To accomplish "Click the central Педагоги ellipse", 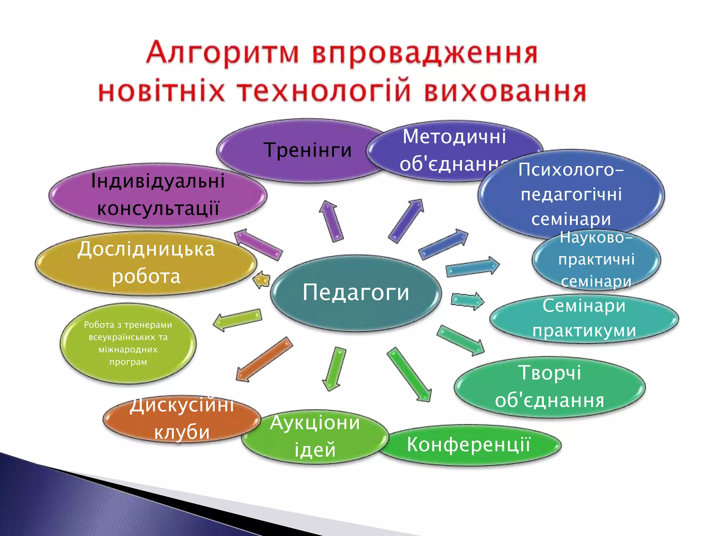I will [x=356, y=292].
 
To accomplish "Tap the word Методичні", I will [x=454, y=137].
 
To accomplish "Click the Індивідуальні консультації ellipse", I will [x=158, y=195].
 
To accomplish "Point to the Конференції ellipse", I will [x=469, y=445].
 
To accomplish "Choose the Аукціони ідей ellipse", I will [x=315, y=436].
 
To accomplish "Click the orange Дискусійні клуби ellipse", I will [x=181, y=419].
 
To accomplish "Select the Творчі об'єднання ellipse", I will [x=549, y=387].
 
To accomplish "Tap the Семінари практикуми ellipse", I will [x=584, y=318].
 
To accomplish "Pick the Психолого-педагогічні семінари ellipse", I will [x=571, y=194].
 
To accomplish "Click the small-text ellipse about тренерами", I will [x=128, y=343].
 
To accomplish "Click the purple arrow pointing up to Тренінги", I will [x=331, y=222].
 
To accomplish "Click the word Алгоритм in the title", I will [x=222, y=53].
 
